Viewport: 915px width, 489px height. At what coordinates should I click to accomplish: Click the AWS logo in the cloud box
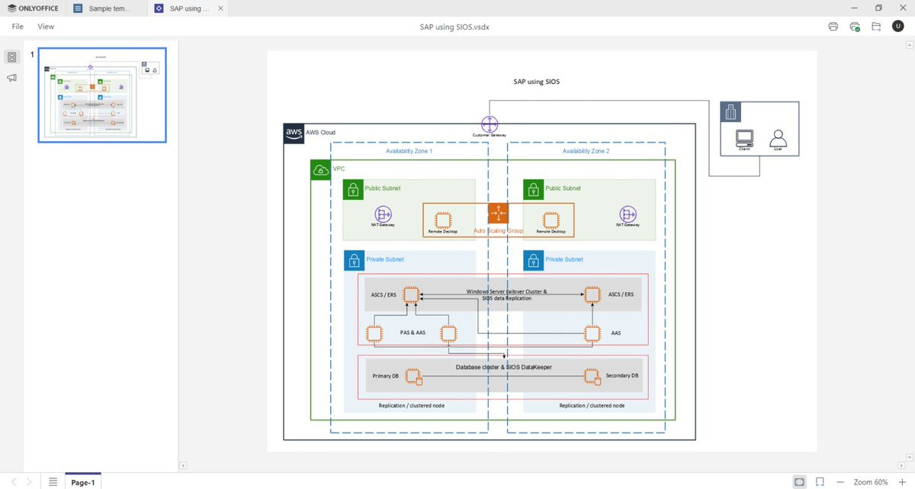[294, 133]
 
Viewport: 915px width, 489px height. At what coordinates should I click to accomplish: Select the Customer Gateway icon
[489, 124]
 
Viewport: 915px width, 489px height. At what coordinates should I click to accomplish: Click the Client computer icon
[744, 138]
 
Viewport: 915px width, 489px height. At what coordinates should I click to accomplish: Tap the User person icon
[778, 138]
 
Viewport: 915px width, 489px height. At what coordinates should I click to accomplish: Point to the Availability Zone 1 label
[409, 151]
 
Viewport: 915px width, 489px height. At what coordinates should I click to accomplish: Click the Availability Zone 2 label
[586, 151]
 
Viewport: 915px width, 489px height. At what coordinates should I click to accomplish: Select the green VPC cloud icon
[320, 169]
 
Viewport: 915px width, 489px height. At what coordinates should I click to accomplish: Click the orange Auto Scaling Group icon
[498, 214]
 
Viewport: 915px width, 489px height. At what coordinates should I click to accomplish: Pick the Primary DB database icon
[413, 376]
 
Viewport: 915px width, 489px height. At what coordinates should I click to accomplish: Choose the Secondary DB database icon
[591, 376]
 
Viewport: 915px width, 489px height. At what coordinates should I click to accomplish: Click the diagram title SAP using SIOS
[537, 82]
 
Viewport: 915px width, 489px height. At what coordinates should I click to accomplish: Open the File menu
[18, 26]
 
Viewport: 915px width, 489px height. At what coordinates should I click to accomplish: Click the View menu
[46, 26]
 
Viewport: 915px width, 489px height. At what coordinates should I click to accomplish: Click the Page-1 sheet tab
[82, 482]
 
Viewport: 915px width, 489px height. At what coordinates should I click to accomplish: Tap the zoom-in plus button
[902, 482]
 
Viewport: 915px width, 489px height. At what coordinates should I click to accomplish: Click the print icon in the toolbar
[833, 26]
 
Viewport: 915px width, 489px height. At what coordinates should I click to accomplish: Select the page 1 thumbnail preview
[102, 95]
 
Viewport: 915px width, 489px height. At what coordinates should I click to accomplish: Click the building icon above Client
[731, 113]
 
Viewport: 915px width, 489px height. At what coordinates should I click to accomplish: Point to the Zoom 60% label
[871, 482]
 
